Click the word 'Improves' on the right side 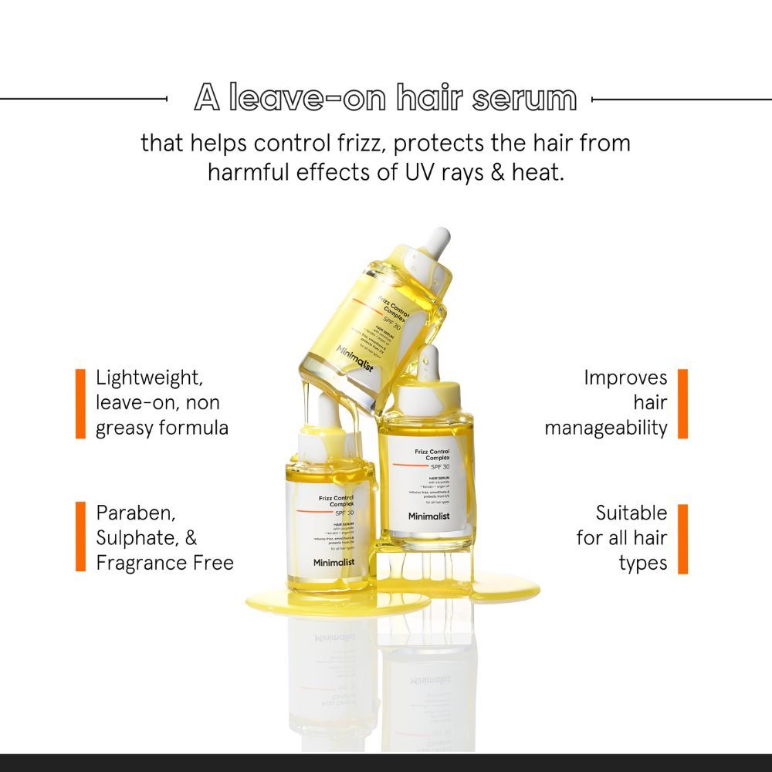(625, 378)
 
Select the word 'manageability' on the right (606, 428)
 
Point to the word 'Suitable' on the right (631, 513)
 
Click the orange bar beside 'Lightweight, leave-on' (80, 404)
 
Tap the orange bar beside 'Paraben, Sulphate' (80, 537)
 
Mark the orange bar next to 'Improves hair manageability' (682, 404)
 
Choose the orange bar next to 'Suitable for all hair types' (682, 539)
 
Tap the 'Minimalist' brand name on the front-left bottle (329, 563)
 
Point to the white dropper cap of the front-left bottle (312, 438)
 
